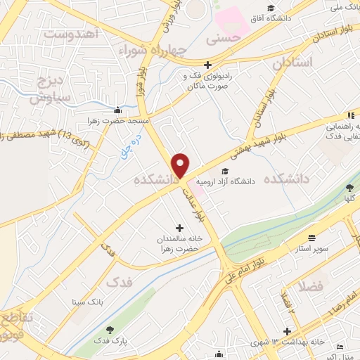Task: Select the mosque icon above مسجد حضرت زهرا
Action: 117,110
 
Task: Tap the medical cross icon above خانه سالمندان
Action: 179,228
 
